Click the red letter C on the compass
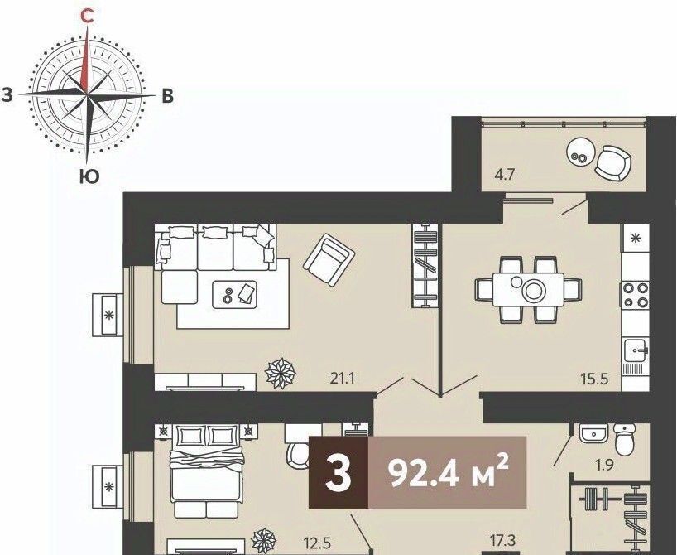(x=88, y=17)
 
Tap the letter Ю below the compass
(x=89, y=176)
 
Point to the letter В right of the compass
(x=167, y=96)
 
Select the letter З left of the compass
(x=7, y=94)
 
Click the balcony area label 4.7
(x=505, y=176)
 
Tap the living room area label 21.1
(x=343, y=379)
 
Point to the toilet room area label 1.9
(x=604, y=466)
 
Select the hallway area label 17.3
(x=503, y=540)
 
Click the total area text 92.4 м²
(x=449, y=471)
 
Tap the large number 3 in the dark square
(x=338, y=472)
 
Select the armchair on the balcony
(x=613, y=163)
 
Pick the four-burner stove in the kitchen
(x=635, y=295)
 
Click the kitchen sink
(x=636, y=351)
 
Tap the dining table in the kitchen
(x=529, y=290)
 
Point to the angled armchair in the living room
(x=329, y=260)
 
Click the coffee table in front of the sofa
(x=234, y=295)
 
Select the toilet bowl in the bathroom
(x=624, y=439)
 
